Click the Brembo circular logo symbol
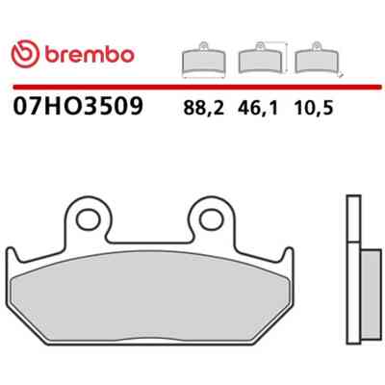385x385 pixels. coord(25,54)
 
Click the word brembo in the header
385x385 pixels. coord(90,55)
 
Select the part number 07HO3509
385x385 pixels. coord(77,106)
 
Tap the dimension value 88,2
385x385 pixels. coord(203,108)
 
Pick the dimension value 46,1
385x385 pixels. coord(258,108)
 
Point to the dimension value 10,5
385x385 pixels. coord(314,108)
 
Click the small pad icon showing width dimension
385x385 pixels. coord(203,60)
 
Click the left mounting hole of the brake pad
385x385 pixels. coord(89,219)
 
